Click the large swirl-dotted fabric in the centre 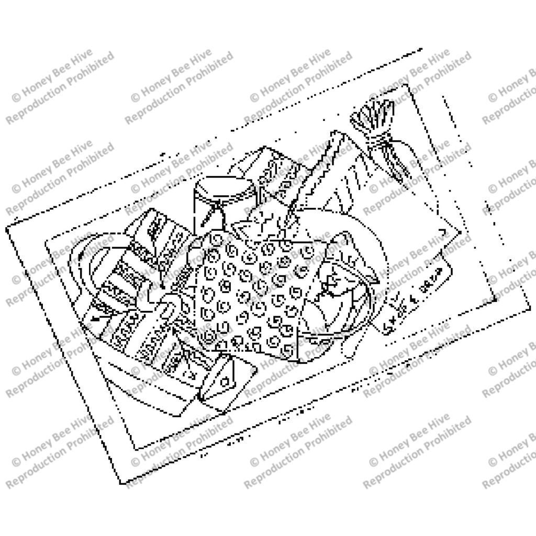coord(251,293)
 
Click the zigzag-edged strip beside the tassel coord(335,157)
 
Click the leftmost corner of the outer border coord(7,228)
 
